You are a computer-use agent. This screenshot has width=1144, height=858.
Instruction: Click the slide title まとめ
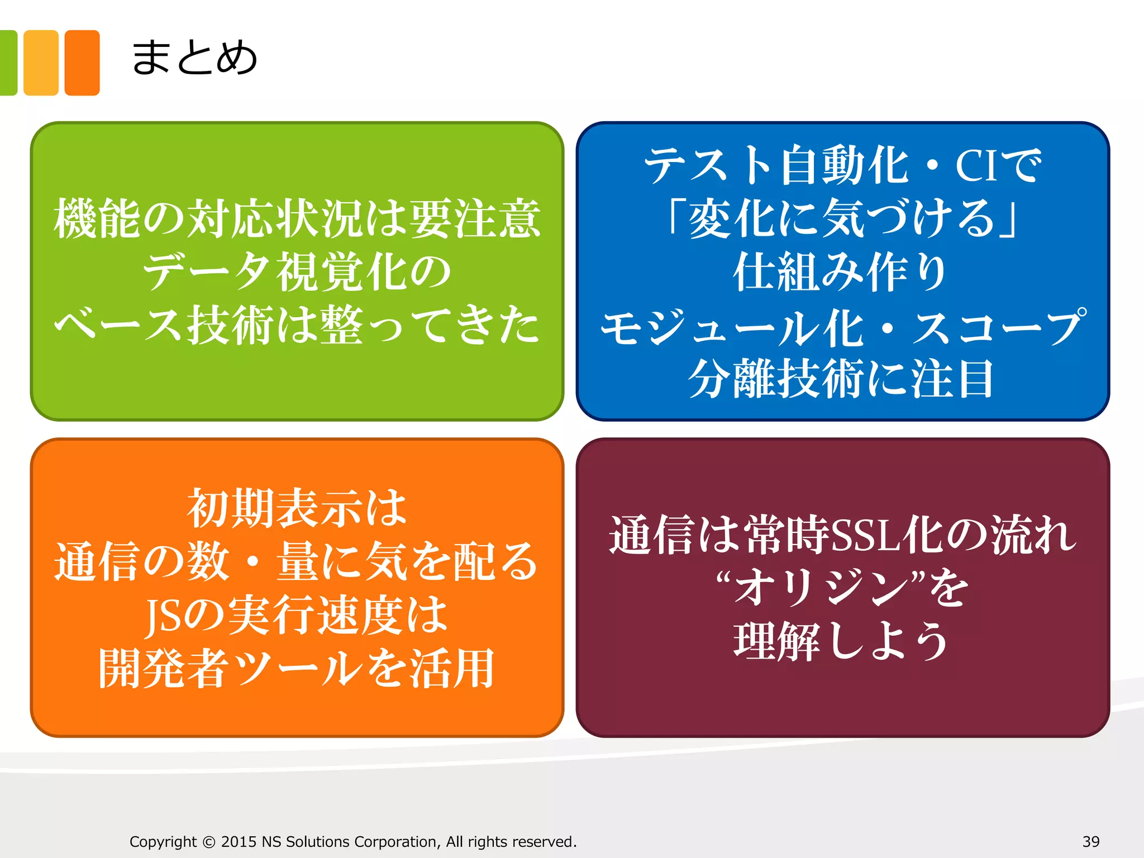point(194,58)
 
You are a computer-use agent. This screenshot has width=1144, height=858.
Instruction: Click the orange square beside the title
point(82,63)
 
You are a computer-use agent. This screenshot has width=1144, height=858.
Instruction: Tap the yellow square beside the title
point(41,63)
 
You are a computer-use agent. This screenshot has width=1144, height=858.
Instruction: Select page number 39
point(1091,841)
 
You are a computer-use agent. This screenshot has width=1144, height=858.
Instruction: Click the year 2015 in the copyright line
point(239,842)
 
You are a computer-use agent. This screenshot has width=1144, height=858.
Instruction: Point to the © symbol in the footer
point(209,842)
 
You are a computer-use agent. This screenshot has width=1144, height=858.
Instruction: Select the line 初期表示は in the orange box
point(297,508)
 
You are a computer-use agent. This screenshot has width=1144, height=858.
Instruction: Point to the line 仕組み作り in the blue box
point(840,272)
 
